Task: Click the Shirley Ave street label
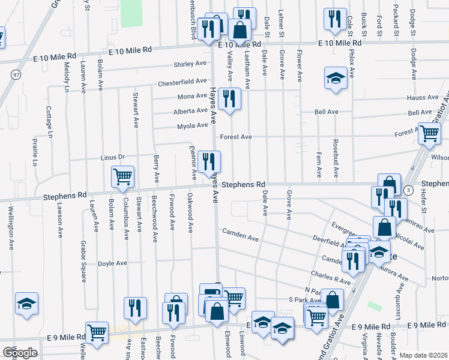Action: coord(190,64)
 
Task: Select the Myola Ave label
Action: coord(192,126)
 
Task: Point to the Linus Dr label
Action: coord(112,157)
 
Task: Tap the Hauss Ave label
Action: coord(422,97)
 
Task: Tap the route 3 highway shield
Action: coord(408,190)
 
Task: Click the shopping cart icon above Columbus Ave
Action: coord(122,176)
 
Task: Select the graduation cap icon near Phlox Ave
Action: coord(336,77)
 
